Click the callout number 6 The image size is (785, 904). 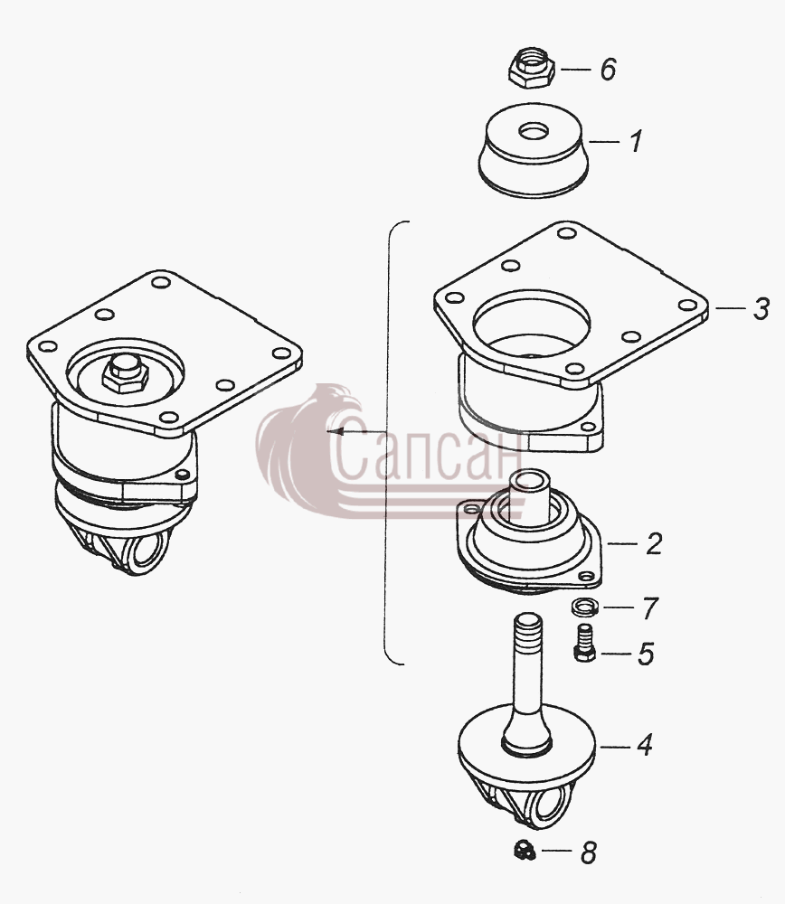pyautogui.click(x=608, y=70)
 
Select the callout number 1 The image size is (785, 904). pyautogui.click(x=635, y=141)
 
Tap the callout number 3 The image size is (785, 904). pyautogui.click(x=761, y=309)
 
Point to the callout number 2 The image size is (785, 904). pyautogui.click(x=654, y=543)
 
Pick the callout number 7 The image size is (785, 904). pyautogui.click(x=650, y=607)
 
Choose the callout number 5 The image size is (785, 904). pyautogui.click(x=646, y=654)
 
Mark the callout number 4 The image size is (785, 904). pyautogui.click(x=644, y=746)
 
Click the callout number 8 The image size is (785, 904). pyautogui.click(x=589, y=852)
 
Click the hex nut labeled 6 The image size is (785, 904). pyautogui.click(x=531, y=68)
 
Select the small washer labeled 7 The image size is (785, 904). pyautogui.click(x=584, y=607)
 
